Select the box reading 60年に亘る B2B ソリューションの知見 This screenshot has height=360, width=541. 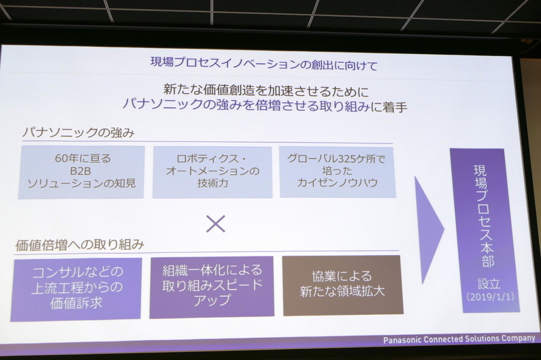click(x=81, y=171)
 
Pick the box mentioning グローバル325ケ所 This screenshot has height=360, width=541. click(x=337, y=171)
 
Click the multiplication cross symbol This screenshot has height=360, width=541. click(x=215, y=224)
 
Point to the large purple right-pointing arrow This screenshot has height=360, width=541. click(x=427, y=228)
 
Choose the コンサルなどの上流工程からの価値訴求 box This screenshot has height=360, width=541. click(x=76, y=288)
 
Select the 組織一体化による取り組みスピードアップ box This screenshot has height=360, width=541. click(x=212, y=285)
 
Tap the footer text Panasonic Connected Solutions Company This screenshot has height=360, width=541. click(x=459, y=340)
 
